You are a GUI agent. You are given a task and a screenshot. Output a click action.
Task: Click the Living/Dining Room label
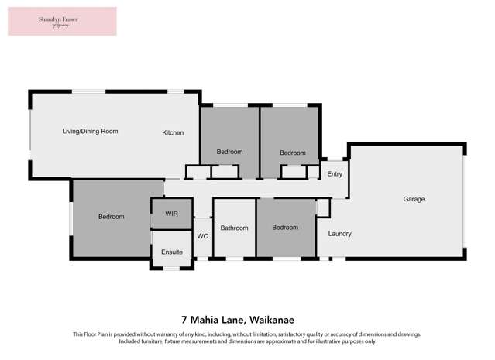pos(90,132)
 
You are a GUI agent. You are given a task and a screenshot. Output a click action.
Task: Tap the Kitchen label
pos(173,133)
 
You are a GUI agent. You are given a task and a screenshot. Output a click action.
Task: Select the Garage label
pos(414,200)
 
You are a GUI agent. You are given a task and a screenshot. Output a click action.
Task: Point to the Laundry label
pos(340,234)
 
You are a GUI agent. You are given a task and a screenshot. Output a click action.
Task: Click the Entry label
pos(335,174)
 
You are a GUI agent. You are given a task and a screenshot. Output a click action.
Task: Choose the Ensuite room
pos(172,252)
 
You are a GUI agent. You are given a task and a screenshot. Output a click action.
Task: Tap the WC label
pos(202,236)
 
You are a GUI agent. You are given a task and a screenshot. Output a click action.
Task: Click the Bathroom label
pos(234,228)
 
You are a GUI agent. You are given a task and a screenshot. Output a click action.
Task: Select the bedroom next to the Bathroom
pos(285,228)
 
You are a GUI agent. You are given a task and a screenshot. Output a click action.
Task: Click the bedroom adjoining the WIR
pos(111,217)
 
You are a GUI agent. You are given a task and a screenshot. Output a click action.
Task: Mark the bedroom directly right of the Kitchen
pos(229,152)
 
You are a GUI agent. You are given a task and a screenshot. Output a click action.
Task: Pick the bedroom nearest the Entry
pos(292,153)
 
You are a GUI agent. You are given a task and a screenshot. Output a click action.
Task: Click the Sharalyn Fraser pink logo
pos(62,21)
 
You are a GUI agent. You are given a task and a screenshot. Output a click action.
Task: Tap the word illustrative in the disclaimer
pos(339,341)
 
